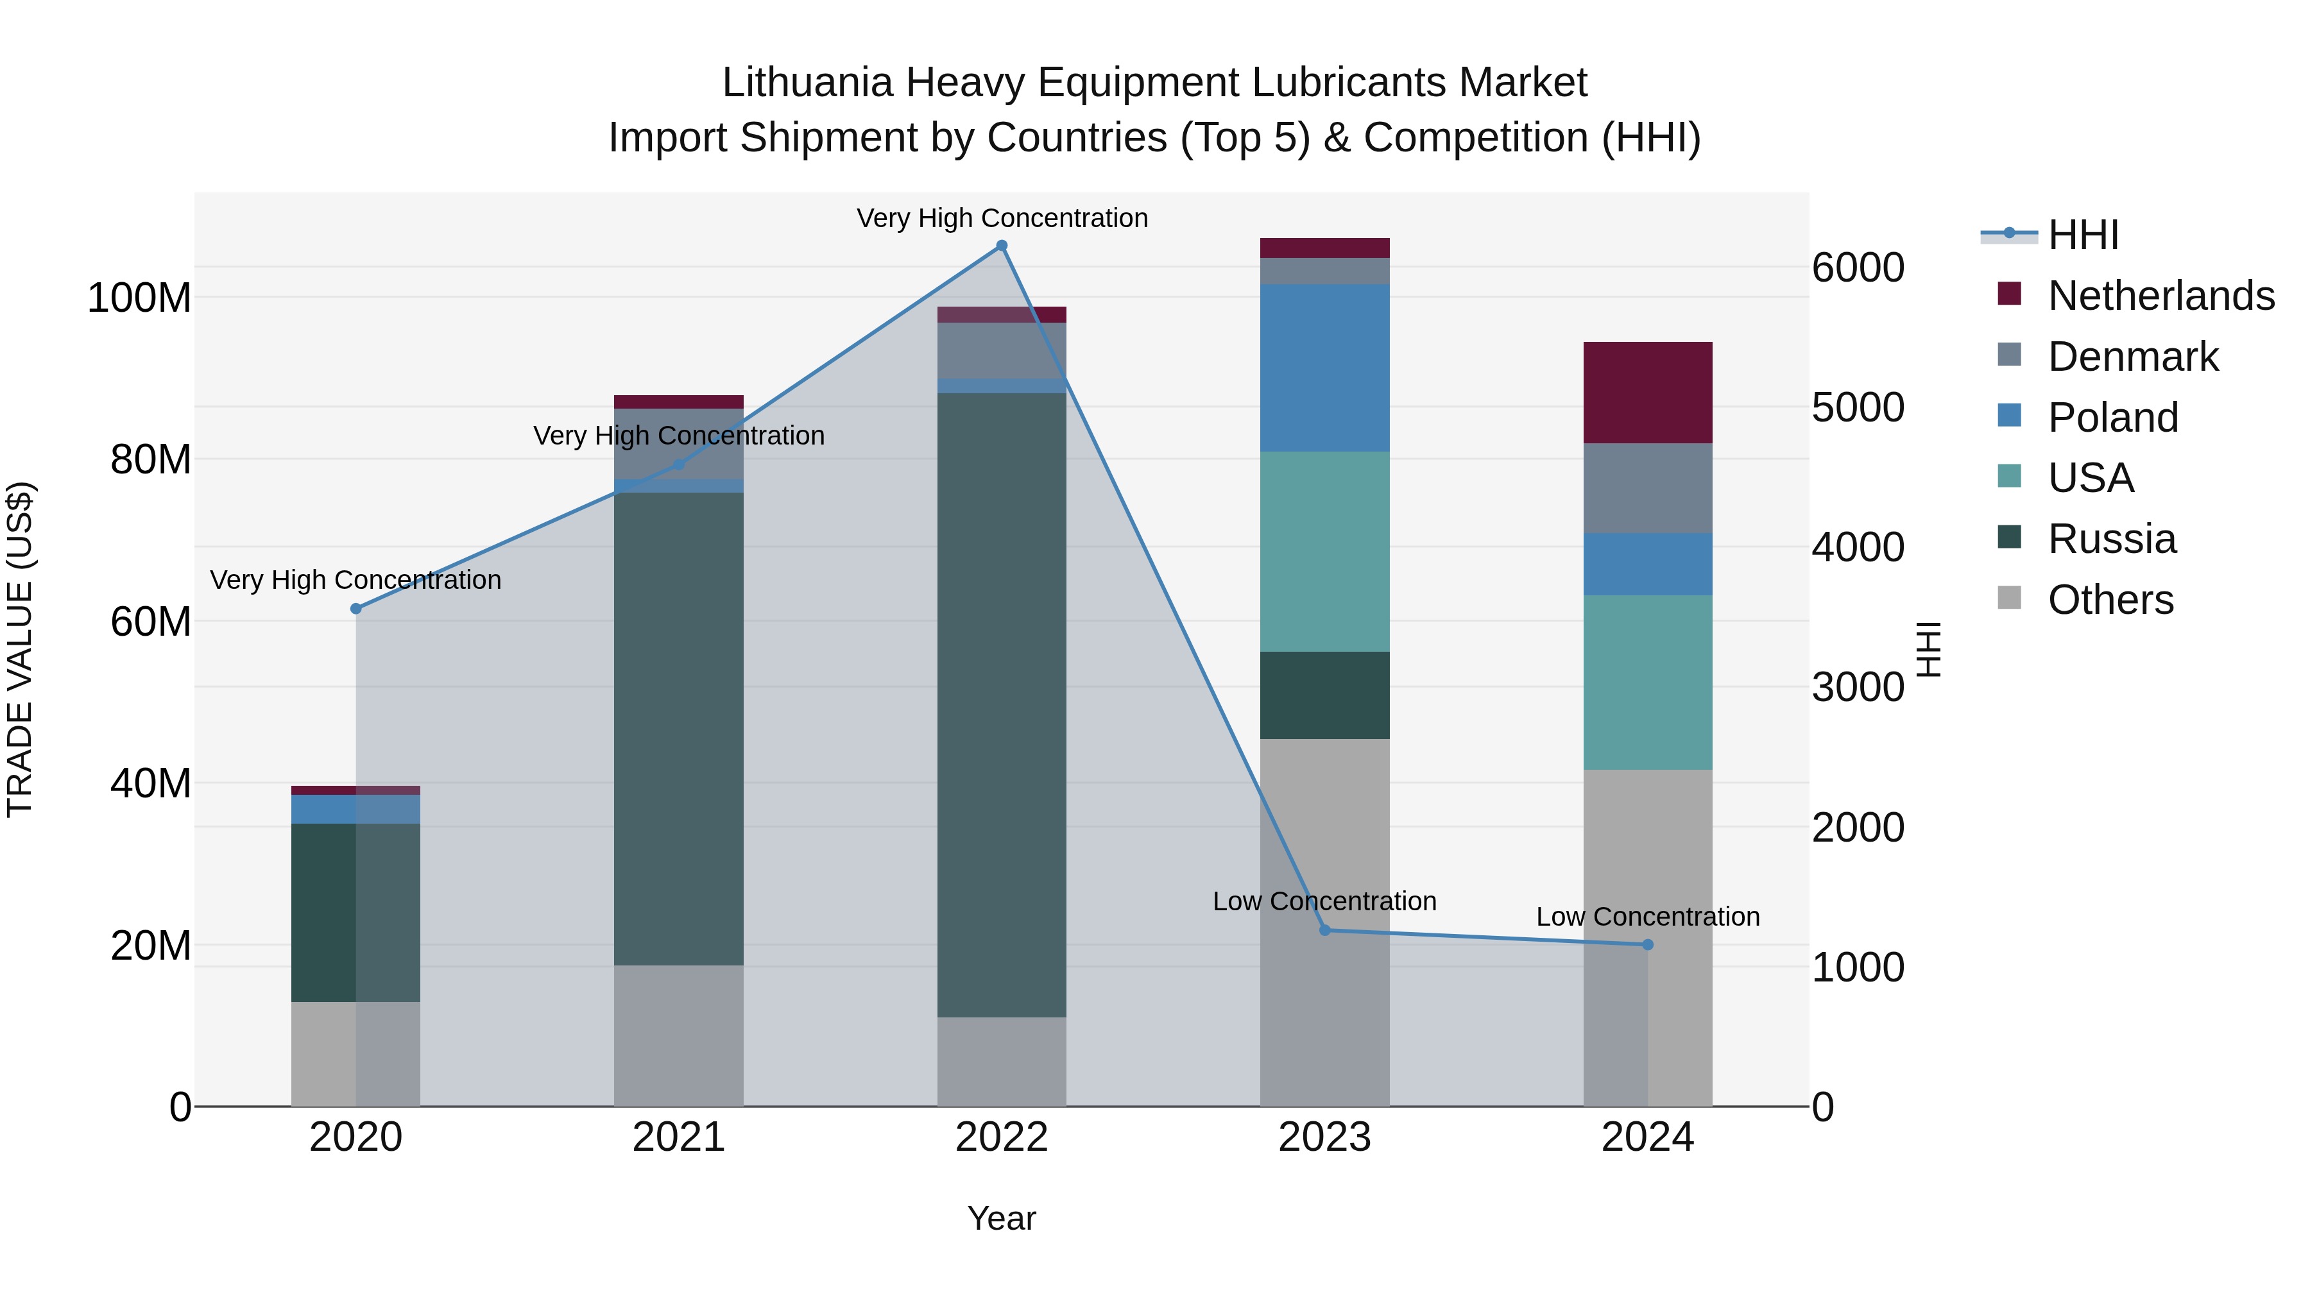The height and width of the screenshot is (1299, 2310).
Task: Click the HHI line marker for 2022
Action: click(x=1002, y=246)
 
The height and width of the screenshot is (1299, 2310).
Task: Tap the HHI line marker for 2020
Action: click(x=356, y=609)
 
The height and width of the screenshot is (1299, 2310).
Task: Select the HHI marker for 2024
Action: click(x=1647, y=945)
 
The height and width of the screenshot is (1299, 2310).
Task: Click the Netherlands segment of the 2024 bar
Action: click(x=1647, y=393)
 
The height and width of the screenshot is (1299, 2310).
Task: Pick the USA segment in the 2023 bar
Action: click(x=1324, y=551)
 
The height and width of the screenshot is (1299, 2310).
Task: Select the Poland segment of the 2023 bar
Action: click(x=1324, y=368)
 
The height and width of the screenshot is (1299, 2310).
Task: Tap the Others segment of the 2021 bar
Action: click(x=679, y=1035)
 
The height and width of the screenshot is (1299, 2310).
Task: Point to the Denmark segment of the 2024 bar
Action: click(x=1647, y=489)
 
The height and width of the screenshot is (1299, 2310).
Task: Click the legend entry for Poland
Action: click(x=2113, y=418)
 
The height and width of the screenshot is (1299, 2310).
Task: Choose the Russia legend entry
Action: click(x=2111, y=539)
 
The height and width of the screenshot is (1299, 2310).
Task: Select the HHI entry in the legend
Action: click(x=2082, y=235)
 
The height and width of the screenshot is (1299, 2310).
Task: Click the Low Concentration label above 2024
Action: click(x=1647, y=917)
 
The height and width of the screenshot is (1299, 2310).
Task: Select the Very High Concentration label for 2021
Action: click(x=679, y=436)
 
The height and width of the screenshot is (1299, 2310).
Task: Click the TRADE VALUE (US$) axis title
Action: click(x=20, y=649)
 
